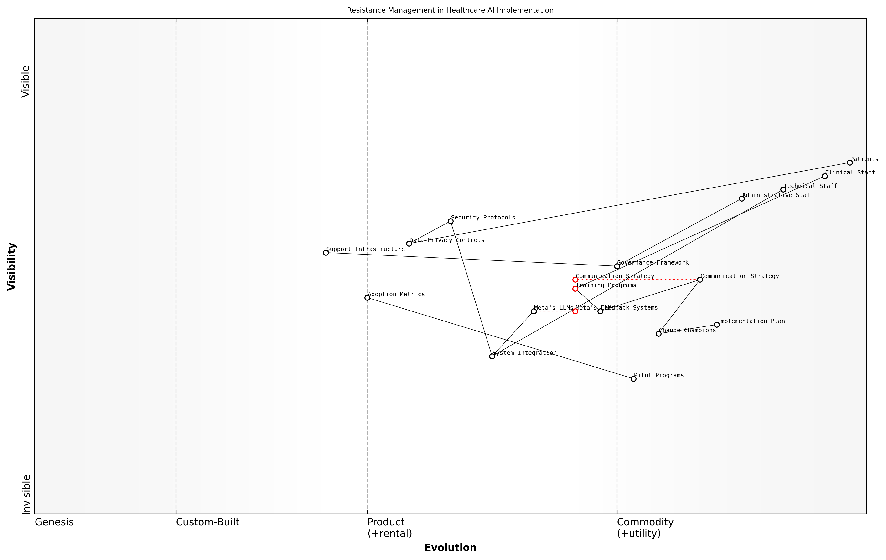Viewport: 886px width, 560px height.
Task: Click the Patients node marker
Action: click(850, 163)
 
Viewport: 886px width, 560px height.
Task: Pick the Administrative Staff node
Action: click(742, 199)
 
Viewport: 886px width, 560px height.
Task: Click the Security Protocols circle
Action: click(450, 221)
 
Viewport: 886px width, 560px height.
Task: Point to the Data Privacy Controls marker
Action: click(409, 243)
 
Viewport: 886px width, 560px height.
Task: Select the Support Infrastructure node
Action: click(326, 253)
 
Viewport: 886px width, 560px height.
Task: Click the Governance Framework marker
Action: click(617, 266)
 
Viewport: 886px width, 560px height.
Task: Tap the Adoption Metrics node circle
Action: click(367, 297)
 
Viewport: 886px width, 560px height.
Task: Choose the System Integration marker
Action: click(492, 356)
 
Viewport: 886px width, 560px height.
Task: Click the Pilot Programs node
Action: click(633, 379)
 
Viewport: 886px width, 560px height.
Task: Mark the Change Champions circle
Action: click(659, 334)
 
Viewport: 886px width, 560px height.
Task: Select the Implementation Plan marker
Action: click(717, 325)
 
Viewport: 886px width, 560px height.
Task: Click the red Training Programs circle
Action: click(575, 289)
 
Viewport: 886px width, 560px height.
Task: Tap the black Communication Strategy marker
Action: click(700, 280)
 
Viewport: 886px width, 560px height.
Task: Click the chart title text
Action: click(450, 10)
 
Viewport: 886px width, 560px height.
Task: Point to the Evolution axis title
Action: click(450, 548)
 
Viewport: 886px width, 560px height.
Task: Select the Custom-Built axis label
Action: click(207, 522)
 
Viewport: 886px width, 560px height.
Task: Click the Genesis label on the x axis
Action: click(54, 522)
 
